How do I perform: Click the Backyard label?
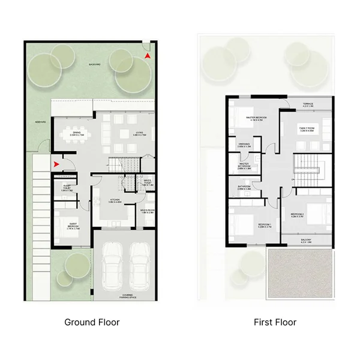coord(94,64)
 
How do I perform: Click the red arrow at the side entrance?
coord(56,163)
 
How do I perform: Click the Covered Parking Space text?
coord(126,296)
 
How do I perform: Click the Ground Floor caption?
coord(92,322)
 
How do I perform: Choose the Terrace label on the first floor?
coord(308,104)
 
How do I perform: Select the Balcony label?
coord(307,240)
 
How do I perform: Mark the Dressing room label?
coord(244,145)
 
